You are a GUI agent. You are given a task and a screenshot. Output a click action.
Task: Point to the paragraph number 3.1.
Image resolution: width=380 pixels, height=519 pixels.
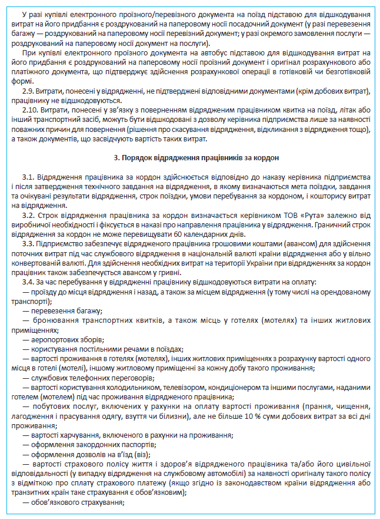pyautogui.click(x=28, y=177)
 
